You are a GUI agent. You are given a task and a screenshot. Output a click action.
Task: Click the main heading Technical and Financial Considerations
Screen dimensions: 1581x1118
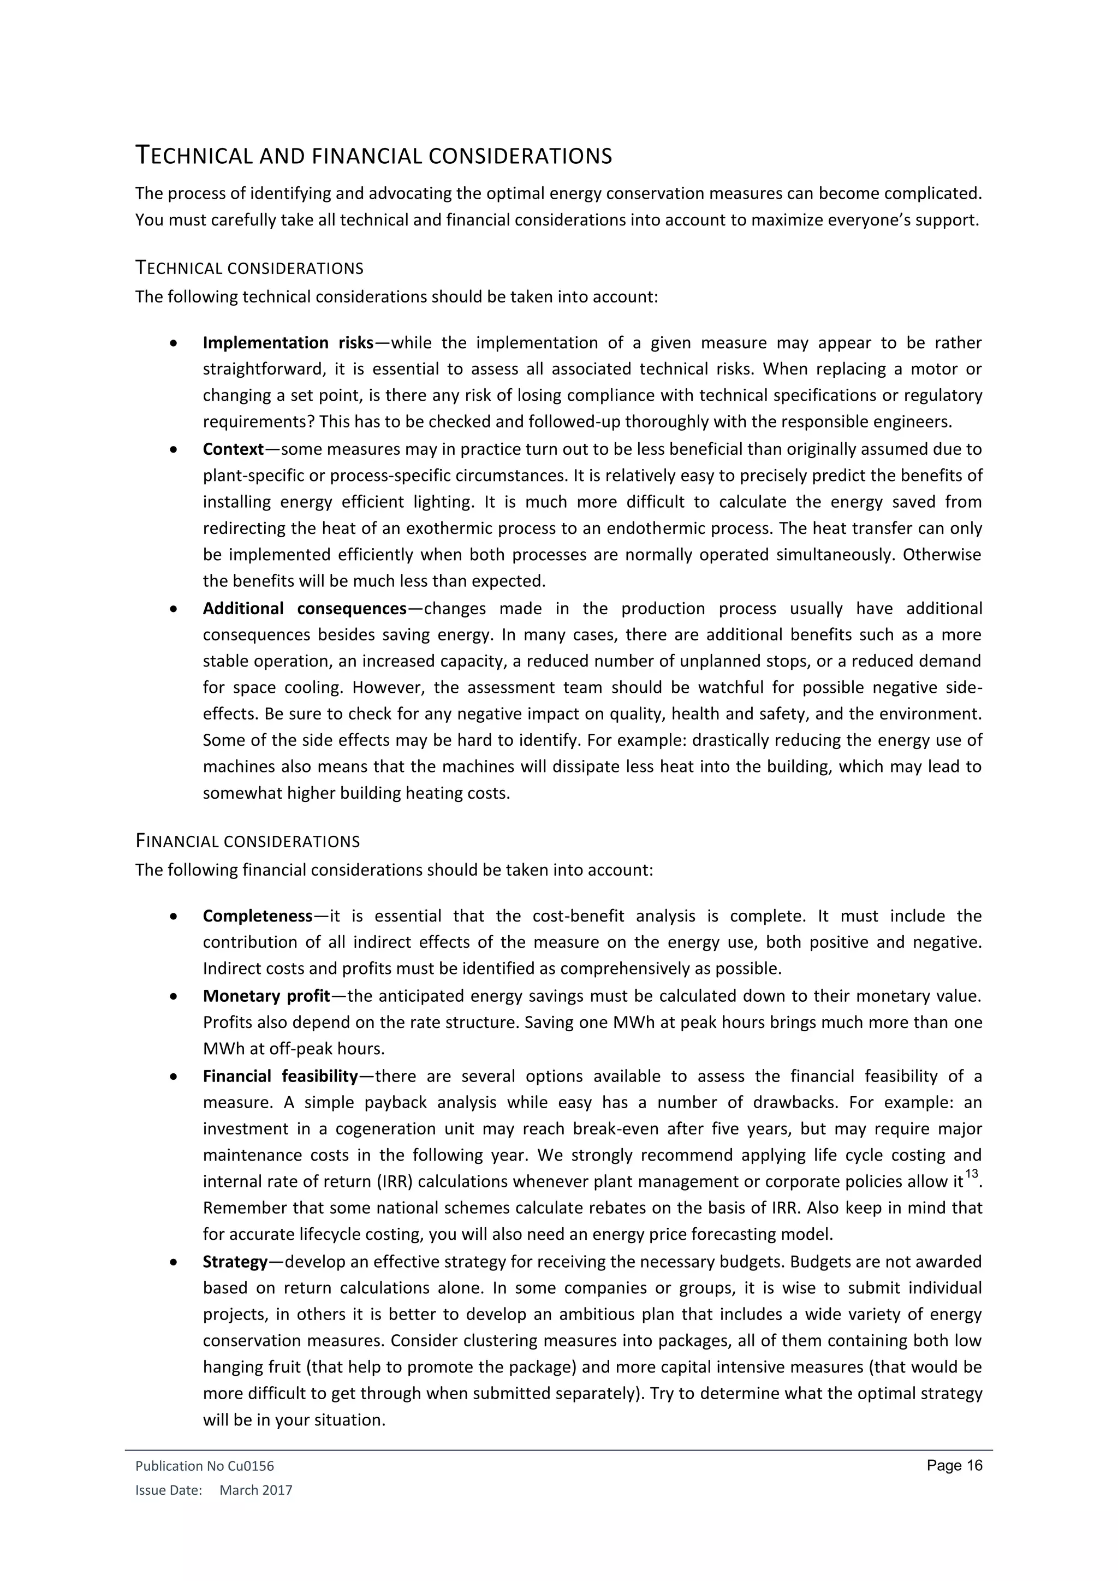373,156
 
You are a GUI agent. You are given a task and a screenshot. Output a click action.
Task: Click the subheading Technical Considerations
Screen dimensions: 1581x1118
249,268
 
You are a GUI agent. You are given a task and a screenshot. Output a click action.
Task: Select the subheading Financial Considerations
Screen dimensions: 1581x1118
247,841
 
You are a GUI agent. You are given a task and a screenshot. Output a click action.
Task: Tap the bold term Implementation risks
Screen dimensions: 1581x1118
288,343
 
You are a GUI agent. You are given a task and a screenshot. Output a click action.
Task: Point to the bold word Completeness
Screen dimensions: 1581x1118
258,916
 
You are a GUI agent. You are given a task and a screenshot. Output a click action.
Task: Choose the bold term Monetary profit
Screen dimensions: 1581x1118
266,996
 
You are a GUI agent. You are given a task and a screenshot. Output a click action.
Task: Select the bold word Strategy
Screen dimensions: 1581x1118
235,1262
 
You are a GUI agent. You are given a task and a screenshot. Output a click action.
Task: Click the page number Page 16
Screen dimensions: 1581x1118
954,1465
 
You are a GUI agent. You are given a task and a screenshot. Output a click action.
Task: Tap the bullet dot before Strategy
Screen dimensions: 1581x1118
176,1263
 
